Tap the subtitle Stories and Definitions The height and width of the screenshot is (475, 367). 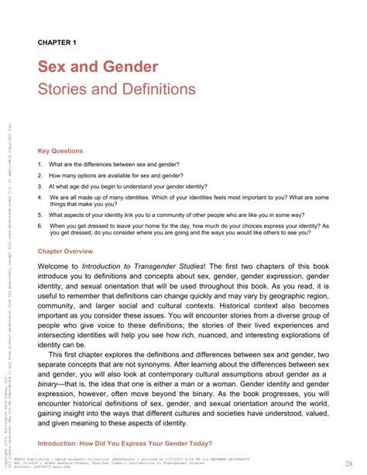click(x=116, y=89)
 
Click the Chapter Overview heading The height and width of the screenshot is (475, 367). click(x=65, y=252)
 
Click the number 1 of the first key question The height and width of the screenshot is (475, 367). click(x=39, y=164)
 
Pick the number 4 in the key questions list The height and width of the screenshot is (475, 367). click(x=39, y=198)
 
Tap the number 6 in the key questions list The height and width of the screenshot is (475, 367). click(x=39, y=226)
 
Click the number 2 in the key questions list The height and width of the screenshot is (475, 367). click(x=39, y=175)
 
